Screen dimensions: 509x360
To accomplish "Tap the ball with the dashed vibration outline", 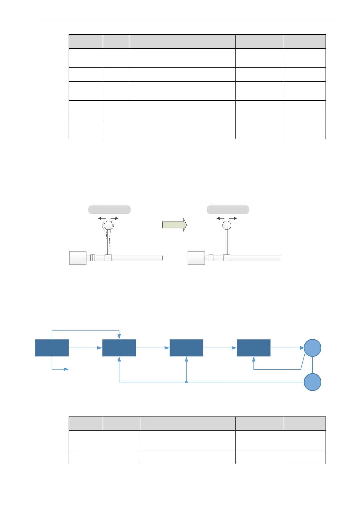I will point(108,225).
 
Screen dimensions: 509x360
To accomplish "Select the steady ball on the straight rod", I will point(227,225).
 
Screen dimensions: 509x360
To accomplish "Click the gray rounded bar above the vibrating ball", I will point(109,209).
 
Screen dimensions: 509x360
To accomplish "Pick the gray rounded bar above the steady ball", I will point(228,209).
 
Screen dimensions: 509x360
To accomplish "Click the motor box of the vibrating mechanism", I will point(78,258).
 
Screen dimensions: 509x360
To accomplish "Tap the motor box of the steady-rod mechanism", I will point(196,258).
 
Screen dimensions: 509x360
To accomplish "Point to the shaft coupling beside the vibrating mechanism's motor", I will point(92,258).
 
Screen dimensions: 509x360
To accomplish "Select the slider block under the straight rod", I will point(227,258).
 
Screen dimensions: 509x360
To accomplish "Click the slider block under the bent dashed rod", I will point(108,258).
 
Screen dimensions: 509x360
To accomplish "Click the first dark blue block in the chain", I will point(52,348).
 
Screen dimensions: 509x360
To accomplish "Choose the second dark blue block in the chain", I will point(119,348).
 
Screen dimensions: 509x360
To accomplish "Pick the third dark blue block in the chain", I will point(186,348).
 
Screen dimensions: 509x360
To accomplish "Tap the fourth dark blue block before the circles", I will point(253,348).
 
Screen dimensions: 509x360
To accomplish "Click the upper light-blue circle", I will point(312,348).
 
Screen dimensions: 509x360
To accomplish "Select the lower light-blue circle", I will point(312,382).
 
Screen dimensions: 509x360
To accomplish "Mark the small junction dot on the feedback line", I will point(186,382).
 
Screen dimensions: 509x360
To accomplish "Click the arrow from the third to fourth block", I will point(220,348).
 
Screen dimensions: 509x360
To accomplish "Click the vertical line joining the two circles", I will point(312,365).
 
